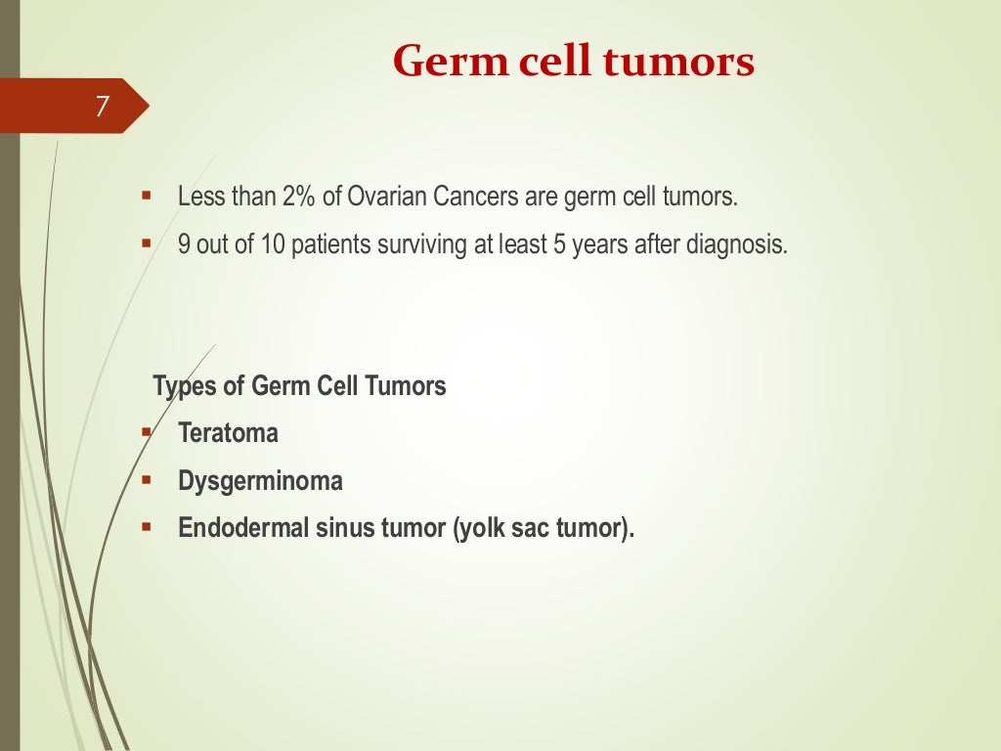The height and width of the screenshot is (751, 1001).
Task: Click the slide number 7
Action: [x=102, y=106]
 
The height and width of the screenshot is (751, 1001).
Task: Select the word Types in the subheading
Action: [x=186, y=386]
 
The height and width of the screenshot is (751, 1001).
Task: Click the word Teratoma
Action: [x=228, y=433]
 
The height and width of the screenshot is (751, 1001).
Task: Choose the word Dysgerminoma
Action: [x=260, y=481]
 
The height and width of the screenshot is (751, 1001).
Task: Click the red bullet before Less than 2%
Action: [x=146, y=196]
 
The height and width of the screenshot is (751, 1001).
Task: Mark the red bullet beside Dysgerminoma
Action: [x=146, y=480]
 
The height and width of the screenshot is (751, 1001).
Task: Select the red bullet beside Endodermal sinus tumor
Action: [x=146, y=528]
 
